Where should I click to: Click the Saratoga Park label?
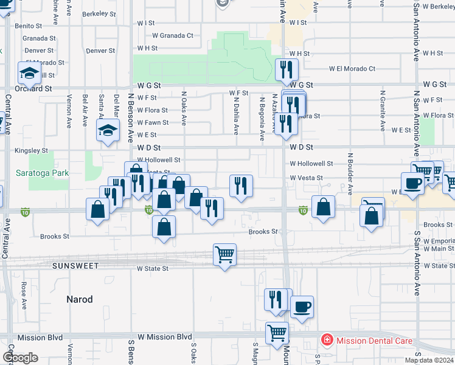[x=42, y=173]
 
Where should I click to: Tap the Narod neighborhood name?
[x=80, y=299]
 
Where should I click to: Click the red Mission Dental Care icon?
[x=327, y=341]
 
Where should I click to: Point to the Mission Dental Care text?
[x=374, y=341]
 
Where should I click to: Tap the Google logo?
[x=20, y=358]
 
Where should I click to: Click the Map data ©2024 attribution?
[x=429, y=360]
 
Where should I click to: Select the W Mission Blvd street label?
[x=164, y=336]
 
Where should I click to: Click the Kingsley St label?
[x=32, y=150]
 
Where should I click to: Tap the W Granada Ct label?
[x=173, y=36]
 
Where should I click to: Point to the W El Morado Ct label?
[x=352, y=69]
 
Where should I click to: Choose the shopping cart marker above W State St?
[x=225, y=255]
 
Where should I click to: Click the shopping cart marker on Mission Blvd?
[x=277, y=333]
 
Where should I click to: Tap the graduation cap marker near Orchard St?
[x=29, y=73]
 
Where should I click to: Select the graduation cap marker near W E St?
[x=108, y=130]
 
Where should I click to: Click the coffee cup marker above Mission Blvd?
[x=302, y=307]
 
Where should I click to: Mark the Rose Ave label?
[x=24, y=293]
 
